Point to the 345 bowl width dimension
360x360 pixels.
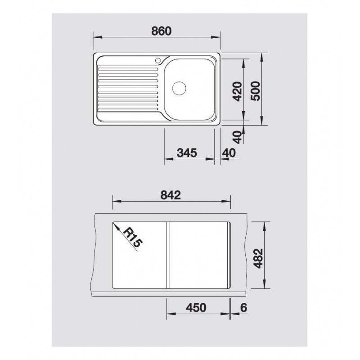pos(187,153)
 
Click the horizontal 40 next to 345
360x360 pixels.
pos(229,153)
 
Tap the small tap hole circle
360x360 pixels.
pos(158,60)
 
